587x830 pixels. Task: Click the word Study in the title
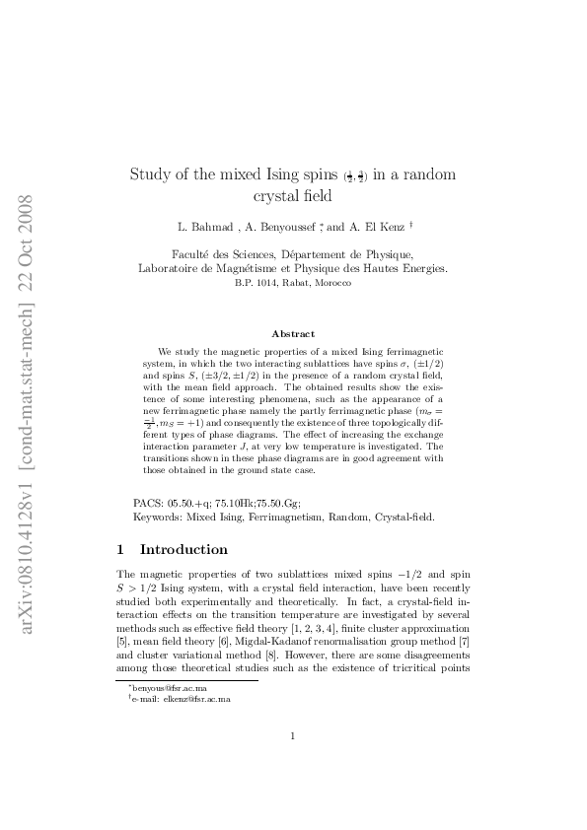tap(149, 175)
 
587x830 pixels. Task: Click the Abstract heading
tap(293, 334)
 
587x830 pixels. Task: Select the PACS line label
tap(149, 503)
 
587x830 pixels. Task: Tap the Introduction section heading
tap(183, 549)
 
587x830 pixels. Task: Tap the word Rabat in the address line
tap(293, 283)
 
